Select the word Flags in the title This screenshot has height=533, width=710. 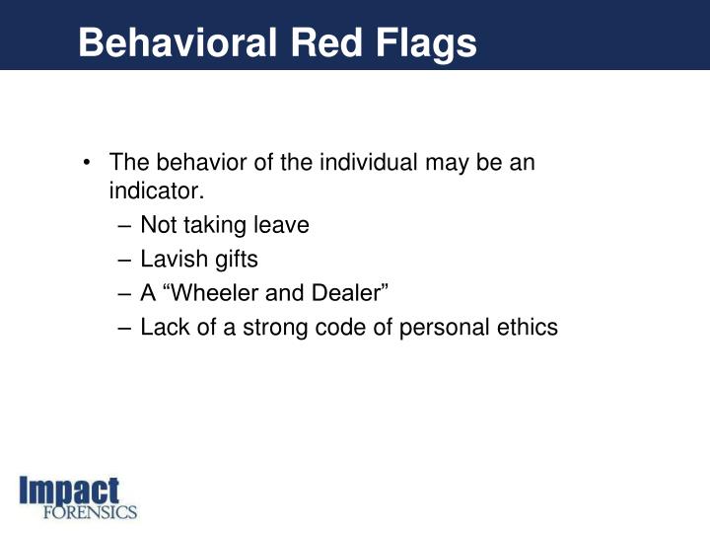429,43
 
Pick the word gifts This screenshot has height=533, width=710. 235,260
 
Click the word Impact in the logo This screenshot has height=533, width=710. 70,492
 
